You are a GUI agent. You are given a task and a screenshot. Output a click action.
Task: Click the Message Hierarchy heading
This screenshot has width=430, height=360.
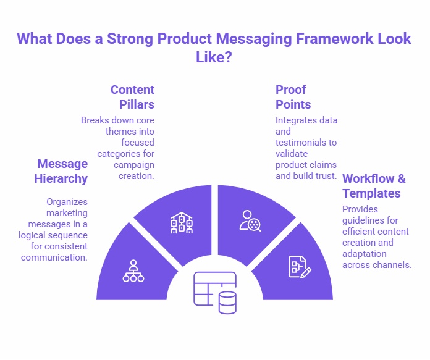[62, 171]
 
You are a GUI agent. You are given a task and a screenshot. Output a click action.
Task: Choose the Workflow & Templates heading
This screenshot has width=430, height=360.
[374, 186]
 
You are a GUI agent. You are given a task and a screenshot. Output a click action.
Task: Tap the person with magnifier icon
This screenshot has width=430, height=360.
[251, 220]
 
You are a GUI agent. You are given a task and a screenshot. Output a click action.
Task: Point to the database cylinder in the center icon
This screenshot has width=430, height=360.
[227, 303]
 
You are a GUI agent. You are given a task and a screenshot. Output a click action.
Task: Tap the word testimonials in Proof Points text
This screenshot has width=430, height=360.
[306, 142]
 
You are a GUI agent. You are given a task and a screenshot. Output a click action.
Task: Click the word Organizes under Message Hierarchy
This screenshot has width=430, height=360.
[67, 201]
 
